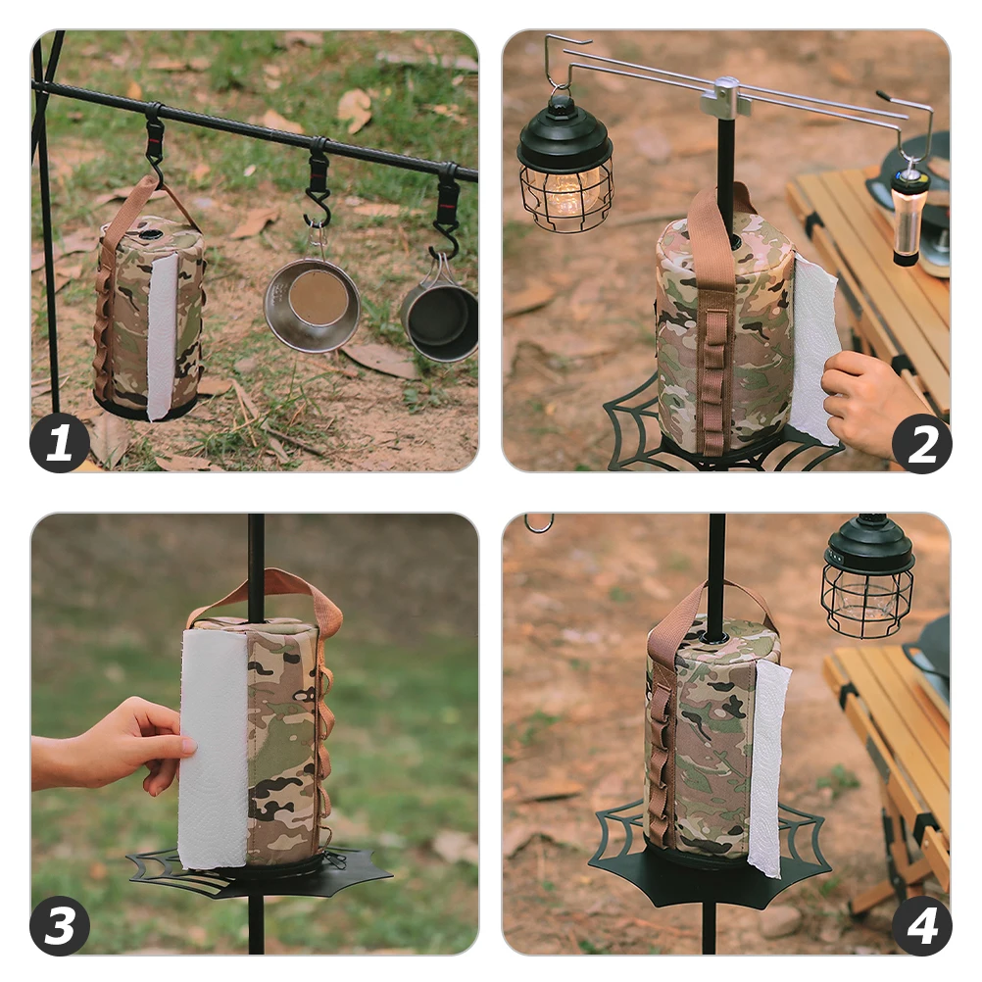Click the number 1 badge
pyautogui.click(x=60, y=443)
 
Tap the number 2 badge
pyautogui.click(x=921, y=443)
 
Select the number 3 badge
pyautogui.click(x=60, y=925)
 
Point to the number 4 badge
pyautogui.click(x=921, y=925)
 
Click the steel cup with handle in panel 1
pyautogui.click(x=312, y=304)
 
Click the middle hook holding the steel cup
pyautogui.click(x=318, y=186)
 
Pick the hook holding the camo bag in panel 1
pyautogui.click(x=154, y=142)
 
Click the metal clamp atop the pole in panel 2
pyautogui.click(x=726, y=99)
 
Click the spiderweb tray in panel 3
pyautogui.click(x=260, y=872)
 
